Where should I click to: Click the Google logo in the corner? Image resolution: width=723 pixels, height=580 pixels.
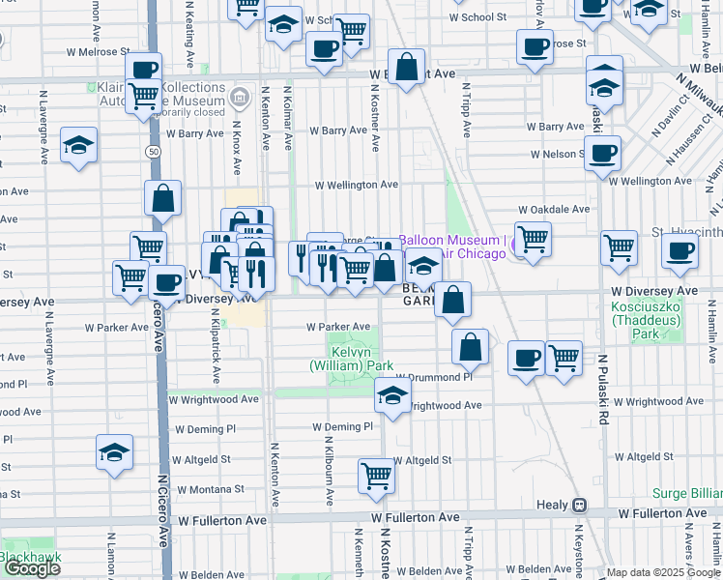point(33,568)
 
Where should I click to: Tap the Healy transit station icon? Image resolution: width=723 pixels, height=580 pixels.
point(579,505)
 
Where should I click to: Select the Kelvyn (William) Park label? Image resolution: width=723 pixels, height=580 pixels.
point(352,360)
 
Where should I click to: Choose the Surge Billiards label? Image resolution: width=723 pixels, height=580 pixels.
point(686,492)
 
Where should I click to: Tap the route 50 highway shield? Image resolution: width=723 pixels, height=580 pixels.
point(155,152)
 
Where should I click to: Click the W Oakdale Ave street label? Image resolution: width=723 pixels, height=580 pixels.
point(553,209)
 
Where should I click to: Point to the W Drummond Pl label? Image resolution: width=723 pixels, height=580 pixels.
point(433,377)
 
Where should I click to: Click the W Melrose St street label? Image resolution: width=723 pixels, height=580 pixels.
point(98,51)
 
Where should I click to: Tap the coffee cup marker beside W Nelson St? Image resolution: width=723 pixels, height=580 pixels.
point(602,152)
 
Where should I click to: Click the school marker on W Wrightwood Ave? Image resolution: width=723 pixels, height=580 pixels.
point(391,396)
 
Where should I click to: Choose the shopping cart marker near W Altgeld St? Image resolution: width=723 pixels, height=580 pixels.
point(376,475)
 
